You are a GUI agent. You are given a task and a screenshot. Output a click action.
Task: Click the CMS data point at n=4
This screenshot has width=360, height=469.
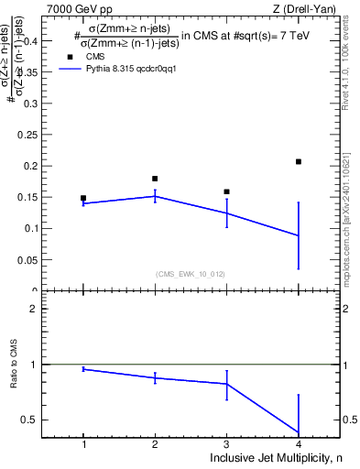pyautogui.click(x=299, y=162)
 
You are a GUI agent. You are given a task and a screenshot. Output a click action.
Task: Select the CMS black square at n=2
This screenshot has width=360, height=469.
pyautogui.click(x=155, y=179)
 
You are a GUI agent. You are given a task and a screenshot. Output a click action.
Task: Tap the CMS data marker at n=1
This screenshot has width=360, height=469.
pyautogui.click(x=83, y=198)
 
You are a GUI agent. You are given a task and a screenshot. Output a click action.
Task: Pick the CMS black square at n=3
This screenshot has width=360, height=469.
pyautogui.click(x=226, y=192)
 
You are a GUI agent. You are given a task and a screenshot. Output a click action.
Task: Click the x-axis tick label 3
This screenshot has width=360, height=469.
pyautogui.click(x=226, y=444)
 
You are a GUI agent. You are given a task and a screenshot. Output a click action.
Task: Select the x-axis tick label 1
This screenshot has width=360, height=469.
pyautogui.click(x=83, y=444)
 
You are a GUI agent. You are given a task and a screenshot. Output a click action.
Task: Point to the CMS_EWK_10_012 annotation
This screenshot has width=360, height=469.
pyautogui.click(x=191, y=274)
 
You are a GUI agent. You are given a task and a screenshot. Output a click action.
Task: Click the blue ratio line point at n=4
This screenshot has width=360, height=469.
pyautogui.click(x=299, y=432)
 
